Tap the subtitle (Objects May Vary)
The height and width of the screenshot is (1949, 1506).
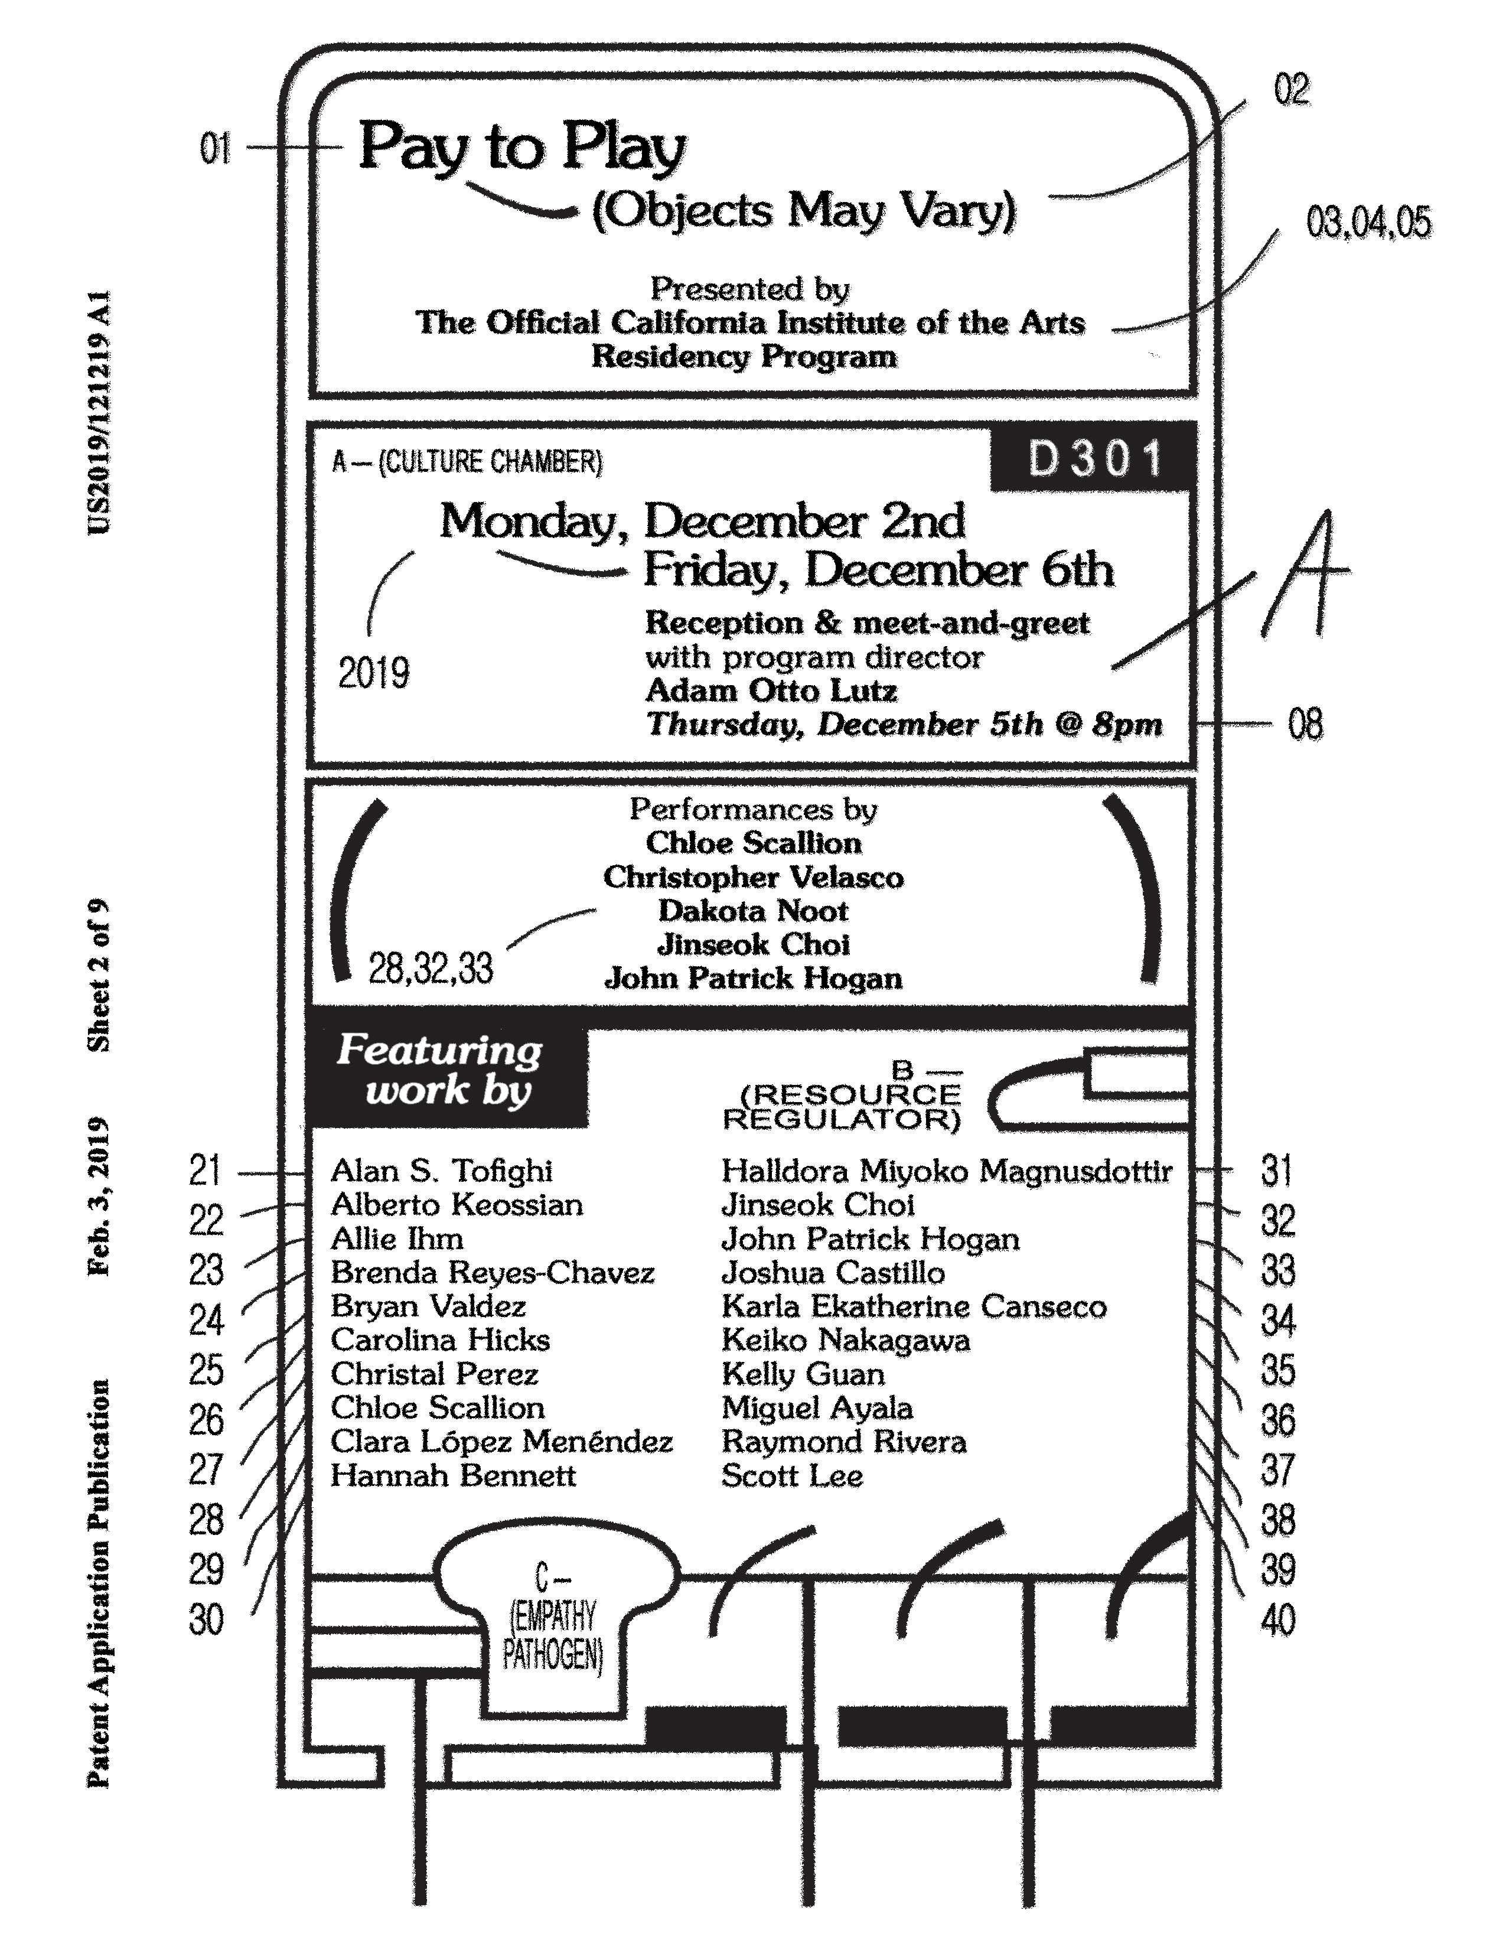tap(804, 211)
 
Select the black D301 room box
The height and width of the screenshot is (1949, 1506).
tap(1094, 459)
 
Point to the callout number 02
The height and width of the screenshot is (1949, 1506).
tap(1291, 90)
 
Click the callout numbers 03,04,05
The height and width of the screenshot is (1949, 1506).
tap(1368, 222)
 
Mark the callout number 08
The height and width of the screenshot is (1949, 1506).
tap(1305, 723)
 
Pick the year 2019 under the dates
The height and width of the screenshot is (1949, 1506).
tap(374, 673)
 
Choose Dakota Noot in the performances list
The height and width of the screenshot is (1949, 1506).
tap(753, 911)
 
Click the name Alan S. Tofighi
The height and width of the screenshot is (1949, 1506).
tap(442, 1171)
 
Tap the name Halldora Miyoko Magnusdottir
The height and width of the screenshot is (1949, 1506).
tap(946, 1171)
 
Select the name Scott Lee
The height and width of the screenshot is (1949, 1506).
tap(791, 1476)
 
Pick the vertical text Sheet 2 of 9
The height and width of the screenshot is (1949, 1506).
tap(98, 974)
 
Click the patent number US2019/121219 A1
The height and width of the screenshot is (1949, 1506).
tap(98, 412)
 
